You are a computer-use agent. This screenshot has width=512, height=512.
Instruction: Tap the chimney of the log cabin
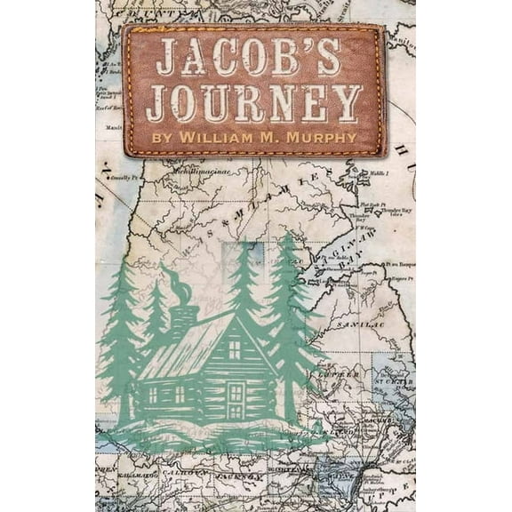click(x=184, y=318)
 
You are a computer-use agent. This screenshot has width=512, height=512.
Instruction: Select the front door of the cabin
click(x=235, y=396)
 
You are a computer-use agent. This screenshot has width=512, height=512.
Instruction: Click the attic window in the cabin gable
click(x=235, y=349)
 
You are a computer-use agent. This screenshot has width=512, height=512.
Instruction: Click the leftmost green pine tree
click(x=119, y=347)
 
